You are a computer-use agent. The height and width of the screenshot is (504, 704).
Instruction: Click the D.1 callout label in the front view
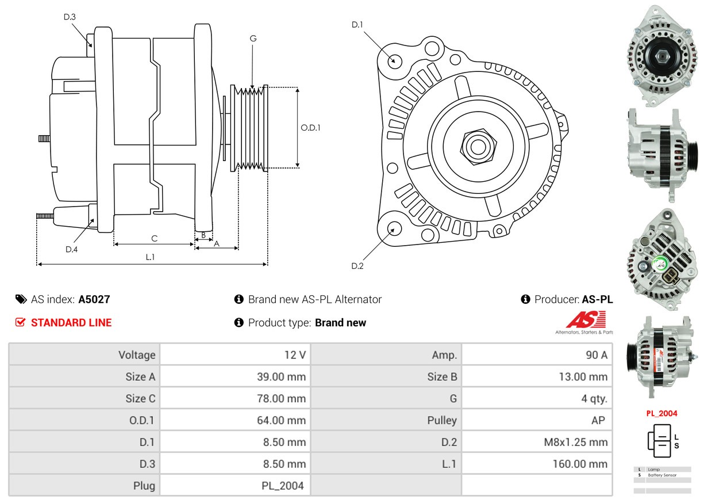tap(357, 25)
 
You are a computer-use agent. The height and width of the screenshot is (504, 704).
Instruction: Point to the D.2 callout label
tap(357, 266)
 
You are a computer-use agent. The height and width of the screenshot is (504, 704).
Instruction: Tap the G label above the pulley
tap(253, 39)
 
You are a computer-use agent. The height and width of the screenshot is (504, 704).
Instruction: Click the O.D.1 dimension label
tap(310, 128)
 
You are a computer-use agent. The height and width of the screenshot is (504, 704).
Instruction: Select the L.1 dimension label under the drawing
tap(150, 257)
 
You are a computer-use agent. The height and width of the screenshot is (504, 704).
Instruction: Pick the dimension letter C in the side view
tap(154, 238)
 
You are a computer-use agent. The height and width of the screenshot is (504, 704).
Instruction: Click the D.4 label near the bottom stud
tap(71, 249)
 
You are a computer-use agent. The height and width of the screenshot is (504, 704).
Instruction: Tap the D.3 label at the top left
tap(70, 17)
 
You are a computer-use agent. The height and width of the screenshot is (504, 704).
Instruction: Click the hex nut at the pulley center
tap(476, 146)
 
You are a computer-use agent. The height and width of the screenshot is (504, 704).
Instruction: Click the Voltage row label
tap(137, 355)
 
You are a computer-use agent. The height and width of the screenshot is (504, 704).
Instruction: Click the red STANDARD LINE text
tap(71, 323)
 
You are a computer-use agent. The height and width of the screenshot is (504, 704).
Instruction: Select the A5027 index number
tap(94, 299)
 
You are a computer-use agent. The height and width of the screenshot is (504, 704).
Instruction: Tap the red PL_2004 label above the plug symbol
tap(661, 413)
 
